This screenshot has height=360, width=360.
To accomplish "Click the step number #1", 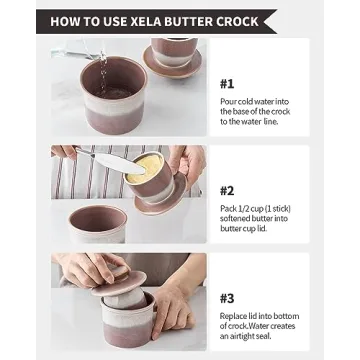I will pos(227,84).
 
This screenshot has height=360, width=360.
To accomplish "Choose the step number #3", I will pos(227,297).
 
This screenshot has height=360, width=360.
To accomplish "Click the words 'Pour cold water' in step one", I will pos(246,102).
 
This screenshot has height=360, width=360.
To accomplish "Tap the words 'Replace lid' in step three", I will pos(239,315).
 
